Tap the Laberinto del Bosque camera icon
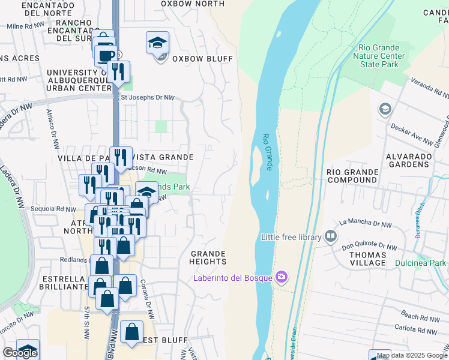[x=281, y=277]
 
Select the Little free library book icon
[x=331, y=237]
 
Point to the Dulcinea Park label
[x=421, y=263]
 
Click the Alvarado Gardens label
[x=408, y=160]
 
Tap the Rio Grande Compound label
[x=352, y=176]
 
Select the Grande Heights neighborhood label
[x=208, y=257]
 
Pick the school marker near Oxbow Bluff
[x=157, y=43]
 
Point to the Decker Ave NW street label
[x=412, y=134]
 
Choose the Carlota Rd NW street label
[x=415, y=330]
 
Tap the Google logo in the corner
[x=20, y=353]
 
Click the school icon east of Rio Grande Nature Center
[x=385, y=109]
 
